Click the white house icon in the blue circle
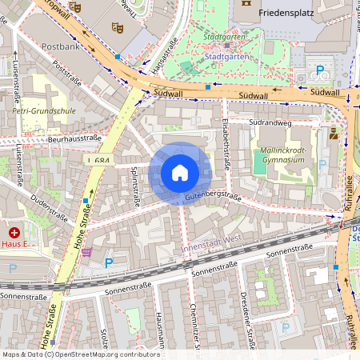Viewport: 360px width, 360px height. click(x=180, y=172)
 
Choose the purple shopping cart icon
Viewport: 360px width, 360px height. click(x=86, y=251)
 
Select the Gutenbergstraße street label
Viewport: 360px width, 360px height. click(x=213, y=195)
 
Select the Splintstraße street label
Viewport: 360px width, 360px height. click(x=135, y=185)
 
